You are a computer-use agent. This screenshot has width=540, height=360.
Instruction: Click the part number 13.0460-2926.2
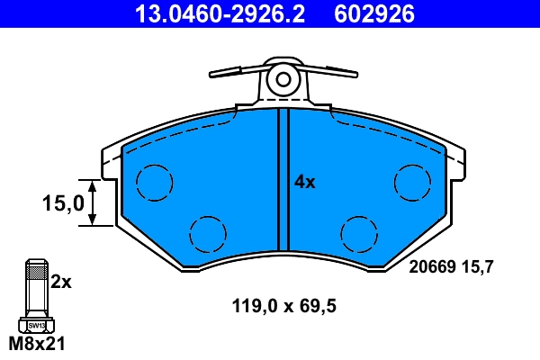point(220,14)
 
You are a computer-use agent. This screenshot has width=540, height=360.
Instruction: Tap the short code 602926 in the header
point(374,14)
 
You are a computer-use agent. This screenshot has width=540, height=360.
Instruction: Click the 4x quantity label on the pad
point(305,182)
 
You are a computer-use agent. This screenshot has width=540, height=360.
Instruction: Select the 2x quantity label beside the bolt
point(60,282)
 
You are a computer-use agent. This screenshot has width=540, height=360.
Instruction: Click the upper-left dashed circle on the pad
point(153,184)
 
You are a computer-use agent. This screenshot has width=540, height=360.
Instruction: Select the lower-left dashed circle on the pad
point(207,234)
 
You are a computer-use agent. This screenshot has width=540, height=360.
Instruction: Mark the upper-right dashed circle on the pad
point(413,184)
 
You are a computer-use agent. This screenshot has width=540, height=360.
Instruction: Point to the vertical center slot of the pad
point(283,180)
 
